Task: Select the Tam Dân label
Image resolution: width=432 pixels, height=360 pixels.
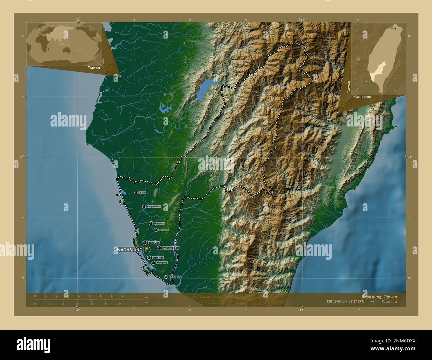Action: point(154,243)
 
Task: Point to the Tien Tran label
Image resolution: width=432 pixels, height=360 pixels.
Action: point(158,258)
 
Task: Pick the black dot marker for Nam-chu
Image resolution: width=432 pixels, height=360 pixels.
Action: point(151,223)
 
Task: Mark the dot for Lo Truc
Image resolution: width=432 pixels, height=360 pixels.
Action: point(136,192)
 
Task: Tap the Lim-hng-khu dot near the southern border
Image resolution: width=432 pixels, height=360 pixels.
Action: point(166,277)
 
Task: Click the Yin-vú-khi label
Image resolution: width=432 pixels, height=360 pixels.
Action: point(163,230)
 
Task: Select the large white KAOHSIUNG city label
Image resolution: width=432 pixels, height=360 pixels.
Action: point(129,249)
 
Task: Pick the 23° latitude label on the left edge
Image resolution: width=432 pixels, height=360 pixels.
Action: point(22,157)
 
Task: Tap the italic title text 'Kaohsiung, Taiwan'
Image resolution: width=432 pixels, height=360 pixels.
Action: point(379,297)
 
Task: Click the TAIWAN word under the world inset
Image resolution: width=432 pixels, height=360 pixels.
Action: point(94,67)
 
